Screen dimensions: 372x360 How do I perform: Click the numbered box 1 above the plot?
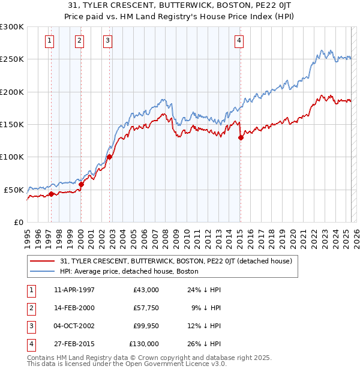click(49, 41)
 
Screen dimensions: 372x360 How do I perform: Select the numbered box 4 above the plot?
click(239, 41)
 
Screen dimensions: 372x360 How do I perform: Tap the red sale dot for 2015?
click(241, 137)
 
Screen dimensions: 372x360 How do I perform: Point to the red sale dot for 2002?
click(110, 157)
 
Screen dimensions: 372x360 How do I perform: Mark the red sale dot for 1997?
click(51, 194)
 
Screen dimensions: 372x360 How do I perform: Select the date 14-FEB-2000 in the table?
click(74, 308)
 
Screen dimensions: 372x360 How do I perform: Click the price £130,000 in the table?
click(144, 344)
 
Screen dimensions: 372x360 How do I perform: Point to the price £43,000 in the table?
click(146, 290)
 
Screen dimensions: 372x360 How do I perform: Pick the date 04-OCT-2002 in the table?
click(74, 326)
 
